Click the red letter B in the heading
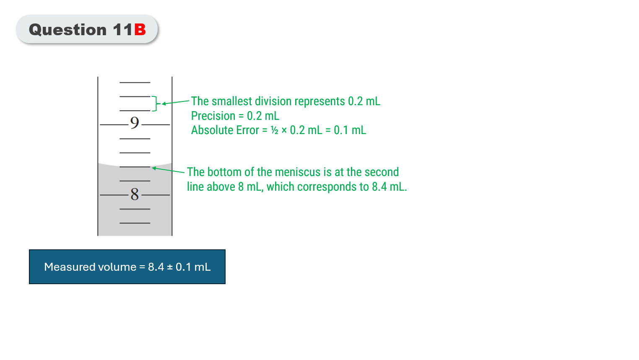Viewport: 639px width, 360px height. pyautogui.click(x=140, y=30)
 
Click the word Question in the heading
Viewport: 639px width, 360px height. pyautogui.click(x=68, y=30)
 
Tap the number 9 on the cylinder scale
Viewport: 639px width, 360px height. pyautogui.click(x=135, y=123)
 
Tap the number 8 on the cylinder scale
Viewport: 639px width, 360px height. pyautogui.click(x=135, y=194)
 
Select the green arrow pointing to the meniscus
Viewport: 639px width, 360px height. pyautogui.click(x=168, y=170)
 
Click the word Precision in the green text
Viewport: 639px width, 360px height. pyautogui.click(x=213, y=116)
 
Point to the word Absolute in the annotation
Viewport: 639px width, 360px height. pyautogui.click(x=213, y=130)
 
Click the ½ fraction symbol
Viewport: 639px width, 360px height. pyautogui.click(x=275, y=130)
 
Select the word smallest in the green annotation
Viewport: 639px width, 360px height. pyautogui.click(x=231, y=101)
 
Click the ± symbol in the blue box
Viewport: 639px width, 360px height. pyautogui.click(x=170, y=267)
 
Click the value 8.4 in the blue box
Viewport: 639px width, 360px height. pyautogui.click(x=156, y=267)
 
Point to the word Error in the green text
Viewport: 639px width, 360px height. pyautogui.click(x=248, y=130)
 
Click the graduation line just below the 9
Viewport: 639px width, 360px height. pyautogui.click(x=135, y=139)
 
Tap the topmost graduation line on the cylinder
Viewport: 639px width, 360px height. pyautogui.click(x=135, y=83)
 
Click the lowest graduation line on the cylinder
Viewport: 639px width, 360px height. pyautogui.click(x=135, y=223)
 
